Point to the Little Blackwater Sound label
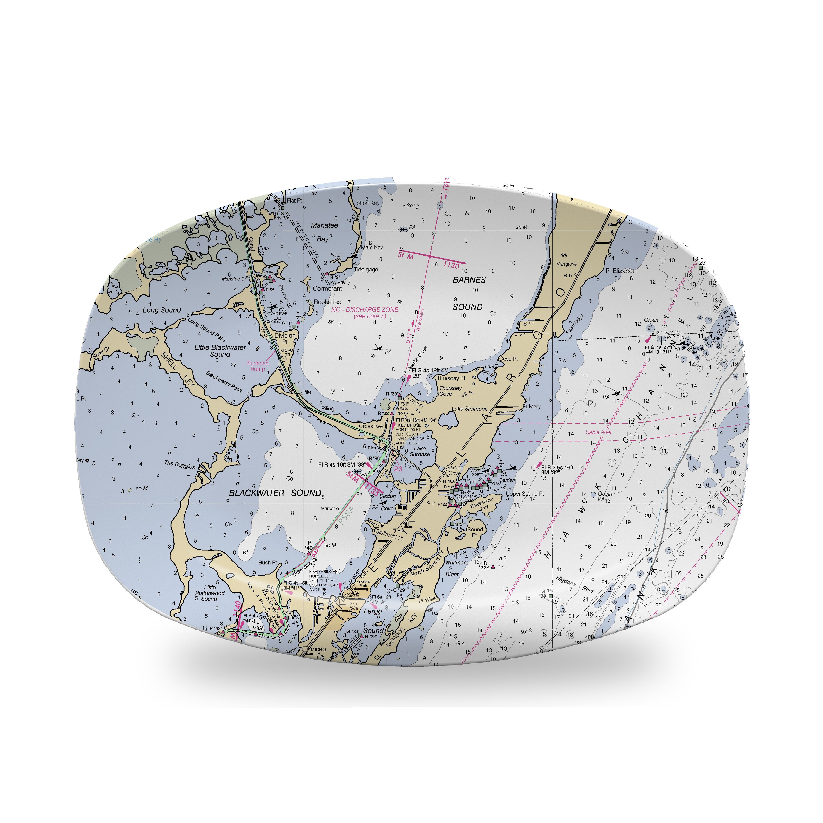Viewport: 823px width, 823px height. (220, 351)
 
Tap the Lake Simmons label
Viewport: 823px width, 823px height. (469, 409)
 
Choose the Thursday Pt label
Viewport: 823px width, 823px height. (451, 378)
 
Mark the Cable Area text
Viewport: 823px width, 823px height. (598, 432)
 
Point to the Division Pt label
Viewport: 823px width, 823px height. (285, 338)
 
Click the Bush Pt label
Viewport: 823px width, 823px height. (267, 562)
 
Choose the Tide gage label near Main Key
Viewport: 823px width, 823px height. (366, 269)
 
